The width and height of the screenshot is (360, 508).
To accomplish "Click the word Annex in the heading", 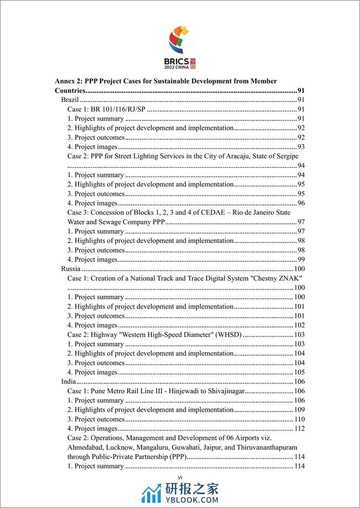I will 66,81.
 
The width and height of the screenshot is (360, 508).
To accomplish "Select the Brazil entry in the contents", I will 70,100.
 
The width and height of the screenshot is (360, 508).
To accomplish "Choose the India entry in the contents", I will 69,382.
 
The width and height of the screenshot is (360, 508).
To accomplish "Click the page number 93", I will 301,147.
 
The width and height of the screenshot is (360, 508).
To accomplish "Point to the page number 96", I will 301,204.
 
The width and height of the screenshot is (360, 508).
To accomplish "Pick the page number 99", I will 301,260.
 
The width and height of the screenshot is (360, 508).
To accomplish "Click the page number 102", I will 299,326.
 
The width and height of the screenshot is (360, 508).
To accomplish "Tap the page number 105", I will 299,373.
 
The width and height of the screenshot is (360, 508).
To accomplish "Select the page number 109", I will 299,410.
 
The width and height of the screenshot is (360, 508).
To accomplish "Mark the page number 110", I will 299,419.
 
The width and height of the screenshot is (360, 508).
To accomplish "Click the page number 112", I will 299,429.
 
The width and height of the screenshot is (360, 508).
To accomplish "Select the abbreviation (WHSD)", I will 226,335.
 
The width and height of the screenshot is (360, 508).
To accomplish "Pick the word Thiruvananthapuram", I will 265,448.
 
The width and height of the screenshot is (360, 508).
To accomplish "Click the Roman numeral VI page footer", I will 179,477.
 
